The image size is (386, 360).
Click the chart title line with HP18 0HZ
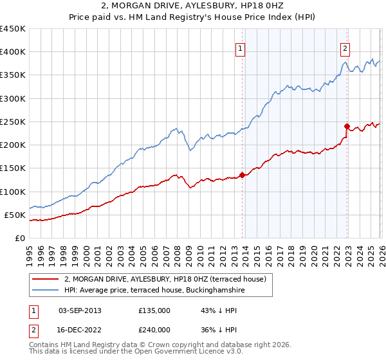193,7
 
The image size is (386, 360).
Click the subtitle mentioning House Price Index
193,19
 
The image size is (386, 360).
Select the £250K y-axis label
12,122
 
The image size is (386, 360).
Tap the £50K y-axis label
15,215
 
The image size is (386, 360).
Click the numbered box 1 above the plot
240,48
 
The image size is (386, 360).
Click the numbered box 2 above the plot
345,48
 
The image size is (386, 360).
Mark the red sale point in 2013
242,175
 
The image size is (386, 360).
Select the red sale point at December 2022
347,126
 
